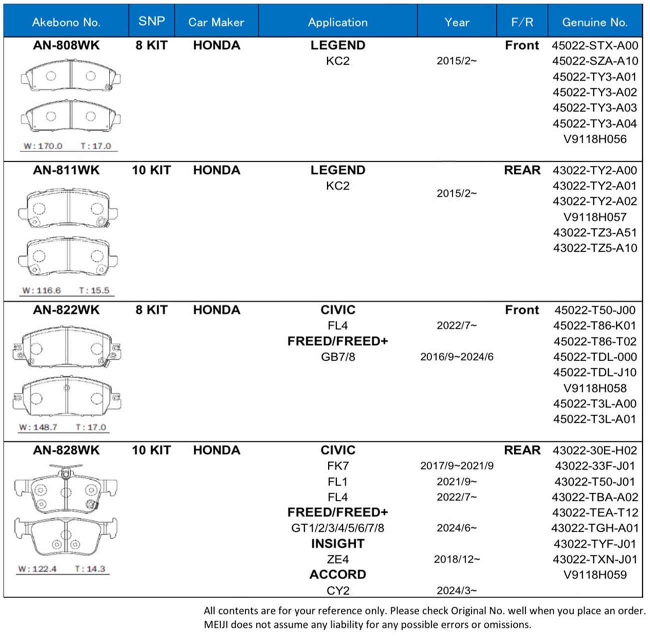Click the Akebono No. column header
point(66,22)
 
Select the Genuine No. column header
point(594,22)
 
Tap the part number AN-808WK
point(66,45)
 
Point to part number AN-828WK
point(66,450)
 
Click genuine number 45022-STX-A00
point(595,45)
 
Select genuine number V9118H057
point(595,217)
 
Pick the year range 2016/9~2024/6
point(456,357)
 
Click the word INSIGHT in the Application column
point(337,543)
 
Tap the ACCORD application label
point(337,574)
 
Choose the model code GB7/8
point(337,357)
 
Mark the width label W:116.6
point(41,290)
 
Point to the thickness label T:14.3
point(90,569)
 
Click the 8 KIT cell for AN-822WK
point(151,310)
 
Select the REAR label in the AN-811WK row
point(522,170)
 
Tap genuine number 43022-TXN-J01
point(595,559)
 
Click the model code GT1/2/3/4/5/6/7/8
point(337,528)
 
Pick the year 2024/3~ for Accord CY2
point(456,590)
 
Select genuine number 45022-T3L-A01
point(595,419)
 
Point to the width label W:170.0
point(43,146)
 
